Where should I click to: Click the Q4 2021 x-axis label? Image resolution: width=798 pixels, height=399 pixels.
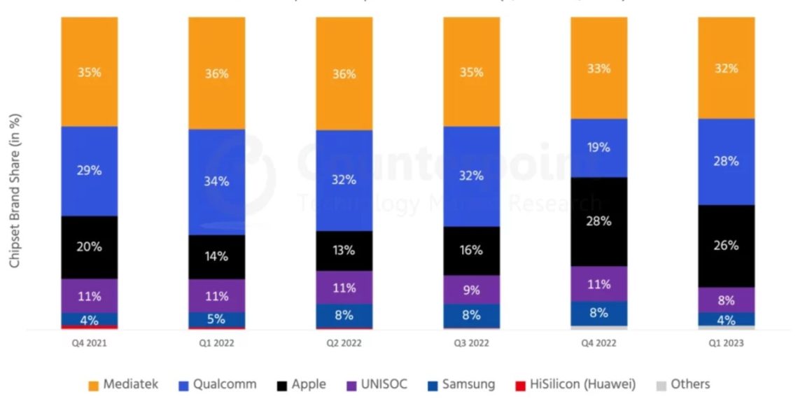89,344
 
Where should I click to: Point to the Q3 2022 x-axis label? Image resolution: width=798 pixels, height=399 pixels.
471,344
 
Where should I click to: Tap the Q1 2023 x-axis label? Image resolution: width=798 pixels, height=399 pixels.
726,344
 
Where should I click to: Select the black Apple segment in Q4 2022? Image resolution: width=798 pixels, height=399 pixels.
598,222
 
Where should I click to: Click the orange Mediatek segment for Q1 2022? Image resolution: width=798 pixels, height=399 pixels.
216,73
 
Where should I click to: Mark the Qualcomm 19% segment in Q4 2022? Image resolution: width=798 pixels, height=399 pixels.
598,148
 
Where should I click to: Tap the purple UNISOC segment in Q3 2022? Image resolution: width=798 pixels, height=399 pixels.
471,289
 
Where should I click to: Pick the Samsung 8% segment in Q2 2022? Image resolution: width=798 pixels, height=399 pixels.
344,316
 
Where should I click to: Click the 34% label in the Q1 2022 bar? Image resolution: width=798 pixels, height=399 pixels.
216,181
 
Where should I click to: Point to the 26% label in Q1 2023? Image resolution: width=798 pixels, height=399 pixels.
726,246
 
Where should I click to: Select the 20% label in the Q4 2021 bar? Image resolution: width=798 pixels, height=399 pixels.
89,246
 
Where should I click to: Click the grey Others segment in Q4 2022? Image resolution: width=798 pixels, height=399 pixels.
598,327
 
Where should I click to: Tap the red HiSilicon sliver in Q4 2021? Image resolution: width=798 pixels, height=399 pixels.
89,327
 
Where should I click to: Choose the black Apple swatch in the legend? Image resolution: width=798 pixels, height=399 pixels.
282,385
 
